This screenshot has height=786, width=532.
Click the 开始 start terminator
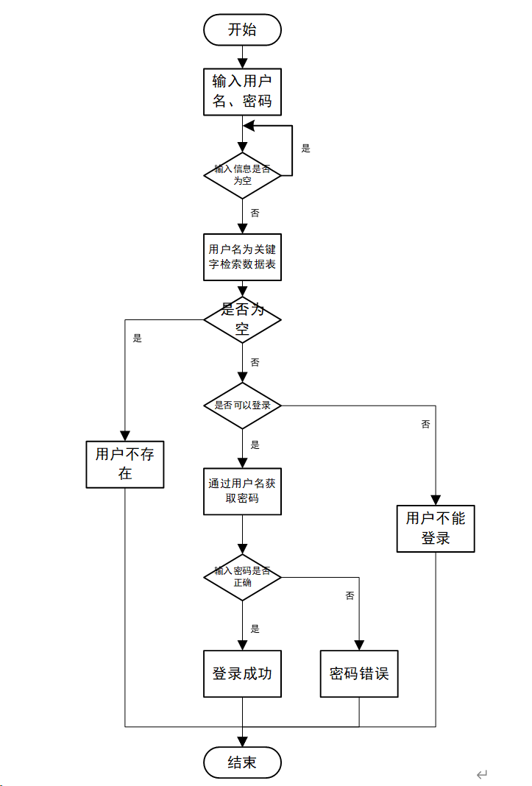[242, 30]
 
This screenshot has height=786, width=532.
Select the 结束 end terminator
[242, 762]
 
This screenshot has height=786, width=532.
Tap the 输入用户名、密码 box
[242, 91]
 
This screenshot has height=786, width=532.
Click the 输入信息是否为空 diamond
[242, 175]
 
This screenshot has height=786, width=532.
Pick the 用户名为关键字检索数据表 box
[242, 257]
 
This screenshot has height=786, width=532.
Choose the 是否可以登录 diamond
[242, 406]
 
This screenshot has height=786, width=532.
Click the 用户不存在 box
[125, 464]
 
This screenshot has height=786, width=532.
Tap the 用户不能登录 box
[436, 528]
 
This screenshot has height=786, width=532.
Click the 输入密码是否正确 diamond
[242, 576]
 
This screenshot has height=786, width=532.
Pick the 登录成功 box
[242, 673]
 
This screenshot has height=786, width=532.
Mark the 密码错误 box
[359, 673]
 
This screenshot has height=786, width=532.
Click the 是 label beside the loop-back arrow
[306, 148]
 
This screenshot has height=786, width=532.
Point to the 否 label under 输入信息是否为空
[255, 213]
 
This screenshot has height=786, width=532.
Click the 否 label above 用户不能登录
[425, 425]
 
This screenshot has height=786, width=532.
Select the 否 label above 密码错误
[350, 595]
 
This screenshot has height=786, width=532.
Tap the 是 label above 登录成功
[255, 629]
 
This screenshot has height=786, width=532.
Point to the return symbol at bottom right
[482, 773]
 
